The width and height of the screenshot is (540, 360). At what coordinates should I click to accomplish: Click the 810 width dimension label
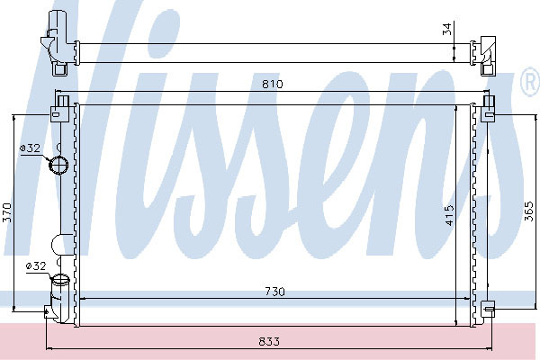[x=272, y=84]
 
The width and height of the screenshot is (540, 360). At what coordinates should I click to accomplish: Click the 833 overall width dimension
[x=269, y=341]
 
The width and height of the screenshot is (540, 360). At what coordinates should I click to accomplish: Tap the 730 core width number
[x=274, y=292]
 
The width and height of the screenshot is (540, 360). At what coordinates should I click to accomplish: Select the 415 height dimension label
[x=450, y=215]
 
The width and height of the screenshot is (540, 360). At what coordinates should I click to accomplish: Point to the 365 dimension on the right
[x=530, y=211]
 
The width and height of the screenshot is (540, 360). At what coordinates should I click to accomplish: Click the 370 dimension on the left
[x=7, y=212]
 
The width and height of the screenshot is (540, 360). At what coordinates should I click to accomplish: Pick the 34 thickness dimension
[x=446, y=30]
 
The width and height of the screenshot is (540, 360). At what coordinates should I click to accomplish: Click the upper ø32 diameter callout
[x=30, y=148]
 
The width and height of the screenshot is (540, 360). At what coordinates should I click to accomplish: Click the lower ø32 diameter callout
[x=36, y=266]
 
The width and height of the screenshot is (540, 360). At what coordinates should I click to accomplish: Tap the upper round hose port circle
[x=58, y=165]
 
